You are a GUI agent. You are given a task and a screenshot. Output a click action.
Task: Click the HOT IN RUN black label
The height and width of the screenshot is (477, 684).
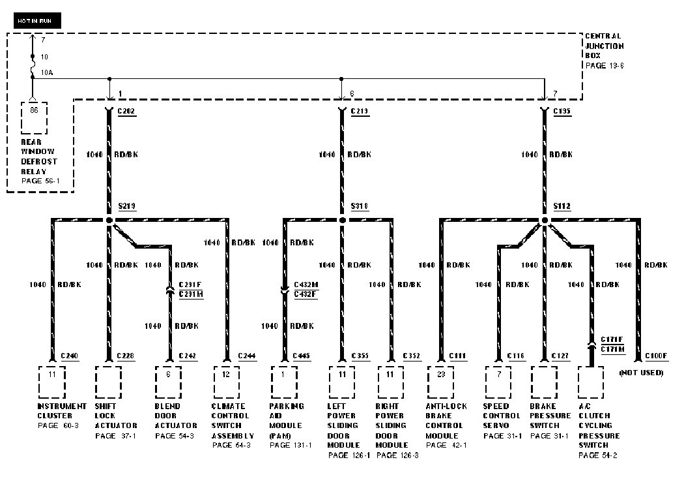tap(37, 22)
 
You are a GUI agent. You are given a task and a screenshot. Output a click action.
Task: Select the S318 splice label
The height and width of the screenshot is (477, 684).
tap(360, 206)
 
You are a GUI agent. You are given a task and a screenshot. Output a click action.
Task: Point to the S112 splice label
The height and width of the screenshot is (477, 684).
tap(562, 206)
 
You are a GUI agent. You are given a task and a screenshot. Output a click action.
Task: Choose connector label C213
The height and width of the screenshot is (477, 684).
tap(360, 112)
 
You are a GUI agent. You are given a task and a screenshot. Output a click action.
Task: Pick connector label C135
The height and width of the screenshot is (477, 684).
tap(562, 112)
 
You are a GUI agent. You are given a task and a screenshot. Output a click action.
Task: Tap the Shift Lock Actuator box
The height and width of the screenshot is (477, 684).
tap(108, 382)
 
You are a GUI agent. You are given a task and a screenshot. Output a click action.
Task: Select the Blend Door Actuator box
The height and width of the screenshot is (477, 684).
tap(168, 382)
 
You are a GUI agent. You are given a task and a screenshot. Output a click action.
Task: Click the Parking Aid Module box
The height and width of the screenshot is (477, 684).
tap(284, 382)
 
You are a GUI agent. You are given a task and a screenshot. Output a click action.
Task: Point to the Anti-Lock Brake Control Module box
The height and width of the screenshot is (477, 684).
tap(441, 382)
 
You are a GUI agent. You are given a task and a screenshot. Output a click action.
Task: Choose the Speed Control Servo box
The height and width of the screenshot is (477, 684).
tap(498, 382)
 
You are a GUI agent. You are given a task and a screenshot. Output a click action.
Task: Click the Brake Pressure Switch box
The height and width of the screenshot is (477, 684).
tap(544, 382)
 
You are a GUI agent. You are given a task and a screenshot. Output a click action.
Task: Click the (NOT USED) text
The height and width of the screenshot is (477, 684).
tap(641, 373)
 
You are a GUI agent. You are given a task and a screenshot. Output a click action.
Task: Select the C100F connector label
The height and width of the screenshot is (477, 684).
tap(656, 356)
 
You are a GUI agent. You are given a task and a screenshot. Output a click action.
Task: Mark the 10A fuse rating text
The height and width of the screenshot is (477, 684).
tap(47, 73)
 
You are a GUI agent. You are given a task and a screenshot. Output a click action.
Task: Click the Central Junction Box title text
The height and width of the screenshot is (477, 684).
tap(604, 46)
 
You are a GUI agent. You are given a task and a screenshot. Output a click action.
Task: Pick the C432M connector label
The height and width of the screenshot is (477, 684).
tap(306, 285)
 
